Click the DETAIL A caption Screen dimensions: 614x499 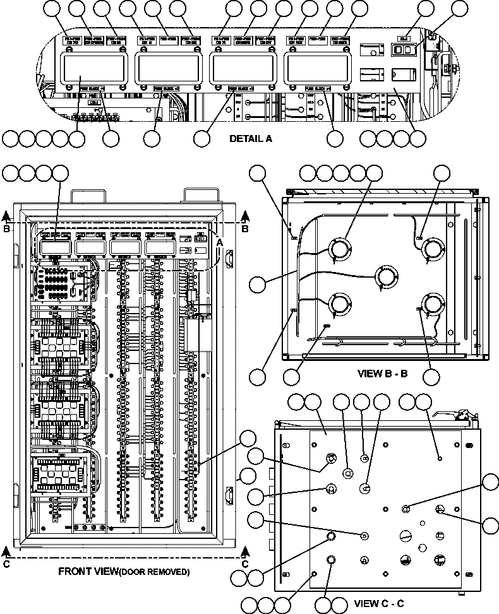point(251,139)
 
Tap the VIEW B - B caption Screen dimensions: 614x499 point(382,374)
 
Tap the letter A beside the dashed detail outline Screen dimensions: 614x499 point(220,242)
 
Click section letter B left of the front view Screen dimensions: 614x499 point(6,230)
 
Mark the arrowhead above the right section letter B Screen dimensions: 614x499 point(246,218)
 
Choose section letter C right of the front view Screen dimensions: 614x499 point(246,564)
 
